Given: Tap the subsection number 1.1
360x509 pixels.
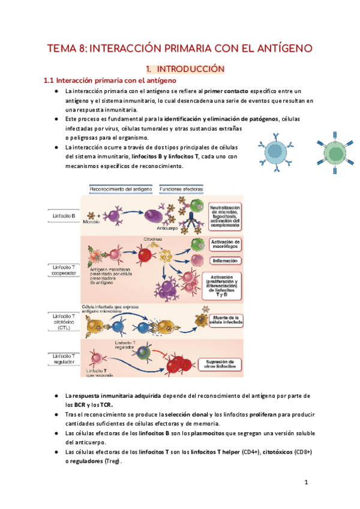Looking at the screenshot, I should [x=50, y=80].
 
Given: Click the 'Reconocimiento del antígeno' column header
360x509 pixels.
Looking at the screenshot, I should [x=120, y=189].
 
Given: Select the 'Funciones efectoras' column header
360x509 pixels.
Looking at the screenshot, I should [x=181, y=189].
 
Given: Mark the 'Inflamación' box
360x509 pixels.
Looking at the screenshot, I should [x=224, y=261].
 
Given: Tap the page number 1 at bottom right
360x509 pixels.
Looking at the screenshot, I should [x=306, y=482].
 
